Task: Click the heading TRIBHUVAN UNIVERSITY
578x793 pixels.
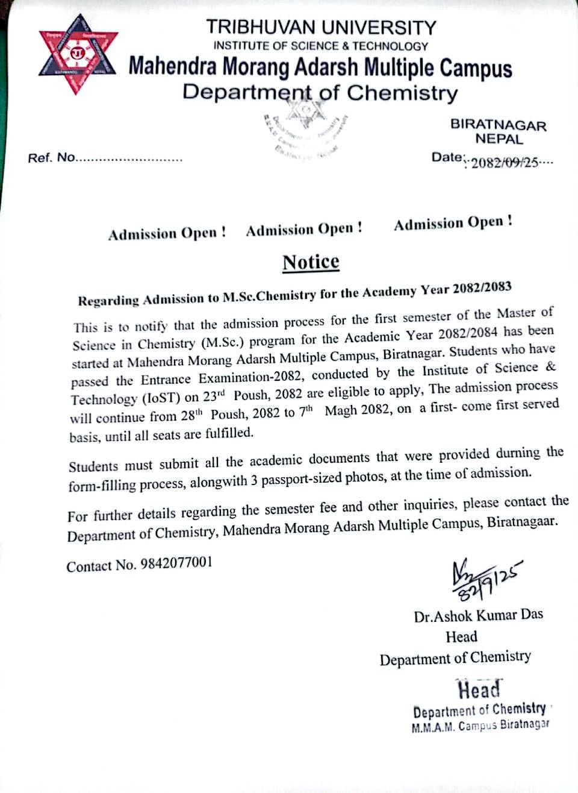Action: [321, 27]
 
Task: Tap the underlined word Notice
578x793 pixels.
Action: [311, 262]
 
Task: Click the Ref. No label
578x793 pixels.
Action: [51, 158]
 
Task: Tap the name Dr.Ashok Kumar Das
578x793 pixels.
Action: [478, 615]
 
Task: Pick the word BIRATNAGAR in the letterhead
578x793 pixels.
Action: [498, 125]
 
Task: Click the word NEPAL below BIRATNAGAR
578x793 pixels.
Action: [499, 139]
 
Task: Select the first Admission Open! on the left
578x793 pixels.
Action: [167, 233]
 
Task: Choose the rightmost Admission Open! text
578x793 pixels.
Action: [453, 223]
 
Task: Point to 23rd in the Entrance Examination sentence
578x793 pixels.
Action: [213, 397]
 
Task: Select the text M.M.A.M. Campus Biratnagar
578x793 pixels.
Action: [480, 726]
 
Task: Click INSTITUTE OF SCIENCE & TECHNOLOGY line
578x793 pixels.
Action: [321, 46]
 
